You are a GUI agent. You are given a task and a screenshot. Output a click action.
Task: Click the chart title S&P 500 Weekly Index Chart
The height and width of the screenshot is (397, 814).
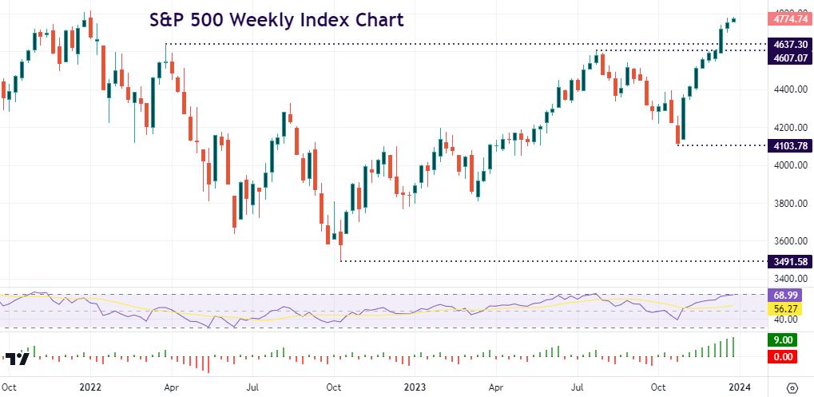click(x=276, y=19)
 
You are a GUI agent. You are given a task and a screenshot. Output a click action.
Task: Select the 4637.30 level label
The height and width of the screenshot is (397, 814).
click(x=787, y=45)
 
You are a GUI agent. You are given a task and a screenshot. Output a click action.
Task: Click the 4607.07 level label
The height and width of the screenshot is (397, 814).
click(x=787, y=58)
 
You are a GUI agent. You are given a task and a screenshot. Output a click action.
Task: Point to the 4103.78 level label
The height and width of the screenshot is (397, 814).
click(x=787, y=145)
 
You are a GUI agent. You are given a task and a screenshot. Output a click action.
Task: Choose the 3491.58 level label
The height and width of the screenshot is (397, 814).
click(x=787, y=261)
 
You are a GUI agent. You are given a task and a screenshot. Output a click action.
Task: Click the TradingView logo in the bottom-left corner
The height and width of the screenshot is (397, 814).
click(x=18, y=359)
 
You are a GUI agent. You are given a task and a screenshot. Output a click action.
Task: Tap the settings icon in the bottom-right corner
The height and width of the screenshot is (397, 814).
click(x=792, y=387)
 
